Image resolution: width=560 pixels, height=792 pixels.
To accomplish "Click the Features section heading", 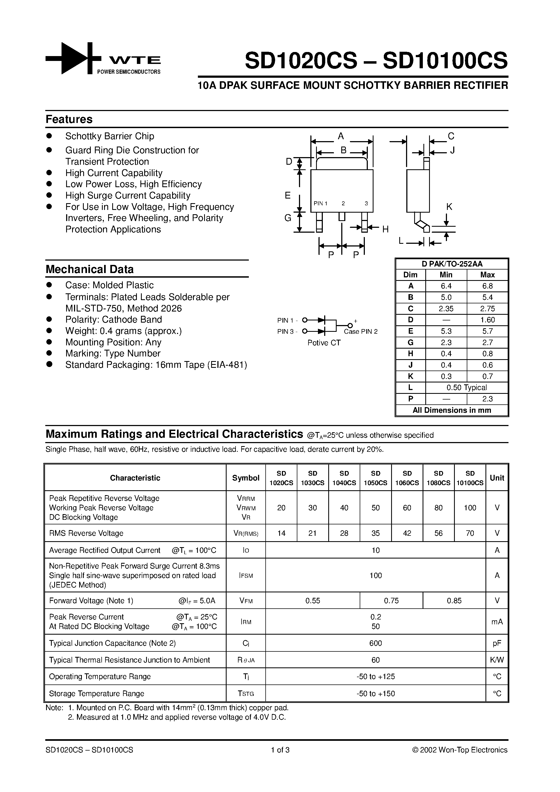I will (x=69, y=119).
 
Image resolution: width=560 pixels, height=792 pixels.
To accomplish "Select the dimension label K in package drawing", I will (x=449, y=207).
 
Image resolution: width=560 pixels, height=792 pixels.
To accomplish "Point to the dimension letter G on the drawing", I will (x=288, y=218).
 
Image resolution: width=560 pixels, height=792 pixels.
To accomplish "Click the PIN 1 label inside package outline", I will (x=320, y=203).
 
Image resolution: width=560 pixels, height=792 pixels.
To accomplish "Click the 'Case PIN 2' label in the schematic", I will (x=361, y=332).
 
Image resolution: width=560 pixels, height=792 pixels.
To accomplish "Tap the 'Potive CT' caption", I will (x=324, y=343).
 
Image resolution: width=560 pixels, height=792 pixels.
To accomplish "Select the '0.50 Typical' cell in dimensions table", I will (x=466, y=388).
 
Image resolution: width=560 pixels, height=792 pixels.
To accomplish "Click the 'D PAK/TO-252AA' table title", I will (x=452, y=264).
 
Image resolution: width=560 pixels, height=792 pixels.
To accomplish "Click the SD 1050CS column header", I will (x=376, y=478).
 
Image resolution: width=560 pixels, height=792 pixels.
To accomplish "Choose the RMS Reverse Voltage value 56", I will (x=439, y=533).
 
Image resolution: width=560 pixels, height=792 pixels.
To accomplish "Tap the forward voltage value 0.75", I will (x=391, y=601).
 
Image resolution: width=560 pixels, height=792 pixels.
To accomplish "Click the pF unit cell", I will (x=497, y=643).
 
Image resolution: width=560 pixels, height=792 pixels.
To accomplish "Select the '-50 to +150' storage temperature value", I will (x=376, y=694).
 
